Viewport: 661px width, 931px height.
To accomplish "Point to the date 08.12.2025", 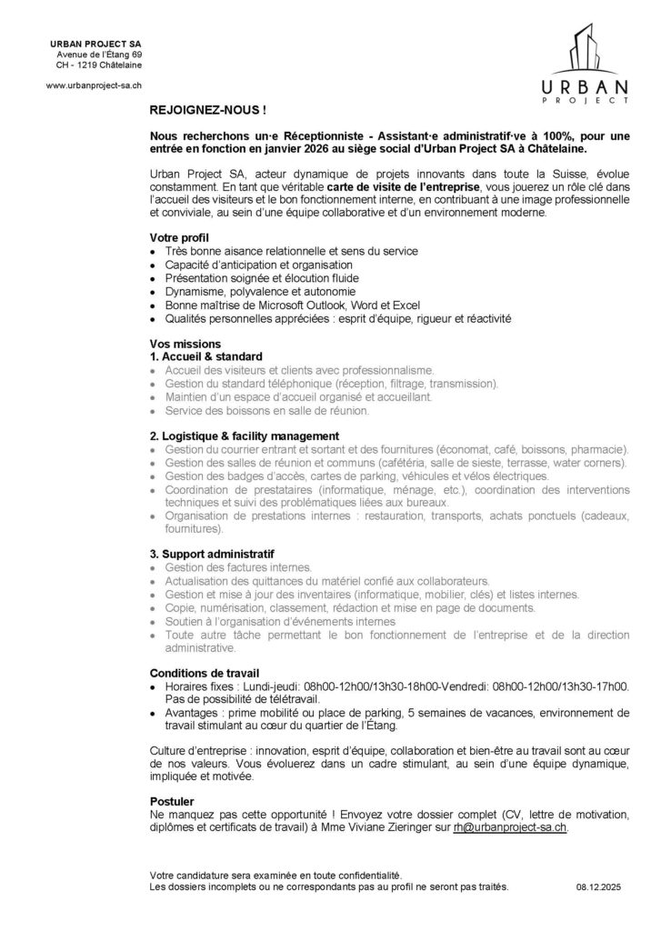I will coord(599,884).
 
